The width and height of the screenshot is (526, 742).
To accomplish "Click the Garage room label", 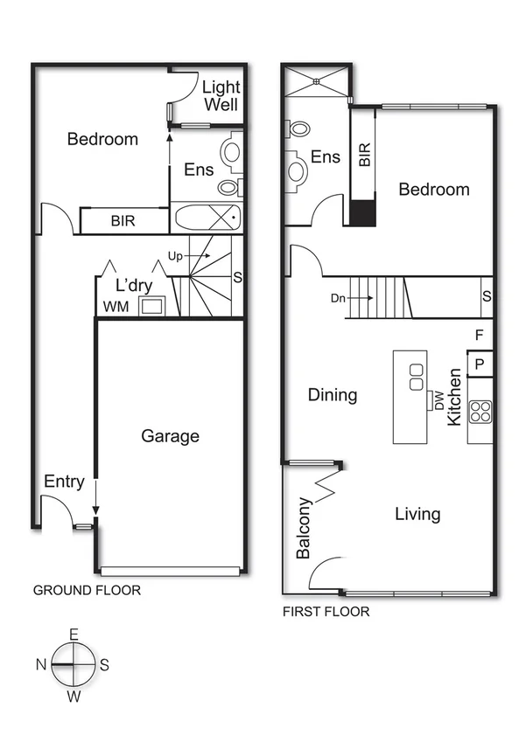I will [171, 436].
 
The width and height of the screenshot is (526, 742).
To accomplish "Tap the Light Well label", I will [221, 96].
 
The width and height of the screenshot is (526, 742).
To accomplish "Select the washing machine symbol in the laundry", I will [154, 305].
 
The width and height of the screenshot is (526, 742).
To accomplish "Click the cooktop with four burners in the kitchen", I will [480, 411].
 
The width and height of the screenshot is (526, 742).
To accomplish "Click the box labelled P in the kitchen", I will [480, 363].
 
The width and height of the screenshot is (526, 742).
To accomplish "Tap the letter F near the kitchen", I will [479, 335].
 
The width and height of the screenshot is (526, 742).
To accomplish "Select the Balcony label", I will [303, 528].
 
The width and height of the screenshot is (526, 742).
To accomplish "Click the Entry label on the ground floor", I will [64, 482].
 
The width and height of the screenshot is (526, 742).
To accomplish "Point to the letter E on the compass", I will [74, 635].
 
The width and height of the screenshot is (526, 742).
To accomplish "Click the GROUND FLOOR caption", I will [87, 591].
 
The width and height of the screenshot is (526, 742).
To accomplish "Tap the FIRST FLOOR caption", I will [326, 612].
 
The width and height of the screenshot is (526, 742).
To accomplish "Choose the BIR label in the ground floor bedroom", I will [123, 221].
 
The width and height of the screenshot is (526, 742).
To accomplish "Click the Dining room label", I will [333, 395].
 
